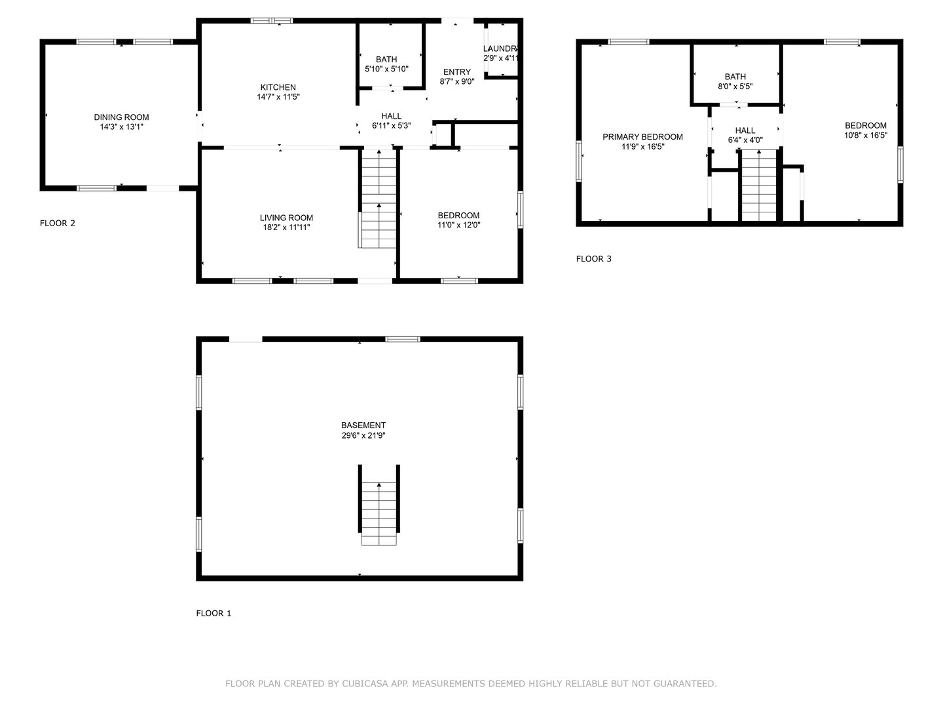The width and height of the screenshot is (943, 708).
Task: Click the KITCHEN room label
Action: [x=278, y=87]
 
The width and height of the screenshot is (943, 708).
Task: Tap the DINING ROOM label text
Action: [x=121, y=117]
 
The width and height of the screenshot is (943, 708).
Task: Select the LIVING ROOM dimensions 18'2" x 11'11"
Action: [x=286, y=227]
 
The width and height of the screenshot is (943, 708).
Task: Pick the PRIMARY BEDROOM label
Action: [x=642, y=137]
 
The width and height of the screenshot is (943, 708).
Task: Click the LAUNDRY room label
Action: [x=501, y=49]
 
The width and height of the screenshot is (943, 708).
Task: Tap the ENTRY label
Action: [x=456, y=72]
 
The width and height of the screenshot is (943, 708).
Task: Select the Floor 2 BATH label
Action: [x=386, y=60]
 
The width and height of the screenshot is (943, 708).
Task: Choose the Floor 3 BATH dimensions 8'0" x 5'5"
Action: [x=735, y=86]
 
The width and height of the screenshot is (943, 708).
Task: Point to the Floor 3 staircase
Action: [x=758, y=187]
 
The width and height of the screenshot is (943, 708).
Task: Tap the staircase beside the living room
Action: [x=379, y=200]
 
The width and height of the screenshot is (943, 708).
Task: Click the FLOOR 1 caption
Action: [x=213, y=614]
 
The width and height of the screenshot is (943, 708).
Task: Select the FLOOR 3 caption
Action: [x=593, y=259]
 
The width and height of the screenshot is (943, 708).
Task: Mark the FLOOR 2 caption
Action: [x=58, y=223]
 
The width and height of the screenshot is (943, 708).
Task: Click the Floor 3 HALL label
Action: [x=745, y=130]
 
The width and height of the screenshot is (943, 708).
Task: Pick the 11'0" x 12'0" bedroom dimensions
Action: [x=458, y=225]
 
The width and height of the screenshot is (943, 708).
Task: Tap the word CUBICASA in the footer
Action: [x=363, y=684]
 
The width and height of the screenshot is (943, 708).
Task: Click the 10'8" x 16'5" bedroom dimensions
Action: [x=865, y=136]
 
